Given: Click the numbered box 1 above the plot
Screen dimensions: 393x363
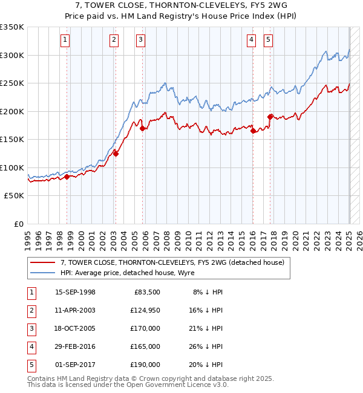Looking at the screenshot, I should tap(65, 41).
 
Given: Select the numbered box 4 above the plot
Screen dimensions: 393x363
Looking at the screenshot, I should tap(251, 41).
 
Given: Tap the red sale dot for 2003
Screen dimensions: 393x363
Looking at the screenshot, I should tap(116, 154).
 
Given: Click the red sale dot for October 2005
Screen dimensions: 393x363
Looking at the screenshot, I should tap(143, 128).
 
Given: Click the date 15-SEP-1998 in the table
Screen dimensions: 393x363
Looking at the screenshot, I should tap(75, 292).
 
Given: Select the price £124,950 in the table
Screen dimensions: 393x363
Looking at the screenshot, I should tap(145, 310).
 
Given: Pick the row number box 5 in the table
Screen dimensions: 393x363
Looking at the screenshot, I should tap(31, 365).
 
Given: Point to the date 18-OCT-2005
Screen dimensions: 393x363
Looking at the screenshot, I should tap(75, 328).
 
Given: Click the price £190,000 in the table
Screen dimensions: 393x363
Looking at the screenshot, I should tap(145, 365).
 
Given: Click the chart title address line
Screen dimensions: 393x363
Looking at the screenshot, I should tap(181, 5).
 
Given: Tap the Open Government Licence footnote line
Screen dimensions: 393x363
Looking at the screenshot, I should tap(128, 385).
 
